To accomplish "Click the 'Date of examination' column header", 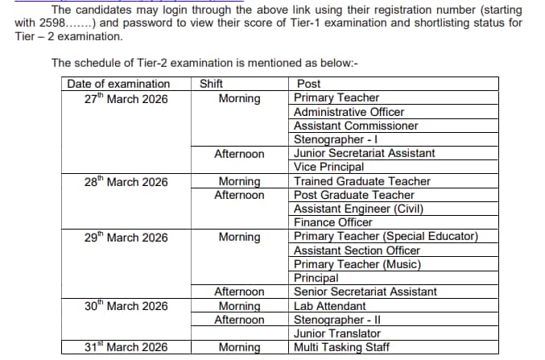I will [x=118, y=84].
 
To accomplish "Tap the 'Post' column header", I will [x=308, y=84].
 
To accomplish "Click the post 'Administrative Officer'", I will [x=349, y=112].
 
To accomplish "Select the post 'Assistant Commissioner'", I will [x=356, y=126].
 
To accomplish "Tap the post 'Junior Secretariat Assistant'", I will [x=364, y=153].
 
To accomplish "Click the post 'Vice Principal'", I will [x=328, y=167].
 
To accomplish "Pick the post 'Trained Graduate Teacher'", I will [x=361, y=181].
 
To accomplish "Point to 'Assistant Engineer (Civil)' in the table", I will [x=358, y=209].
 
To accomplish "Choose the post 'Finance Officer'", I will [x=332, y=222].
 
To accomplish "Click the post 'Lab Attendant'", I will [x=329, y=306].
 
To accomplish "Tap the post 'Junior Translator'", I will [x=337, y=333].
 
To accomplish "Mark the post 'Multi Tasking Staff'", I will [x=341, y=347].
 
